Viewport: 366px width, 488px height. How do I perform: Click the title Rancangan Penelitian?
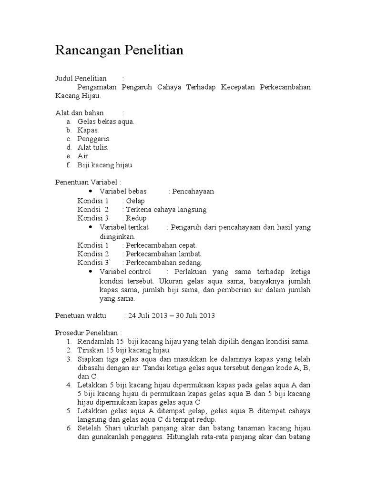coord(119,50)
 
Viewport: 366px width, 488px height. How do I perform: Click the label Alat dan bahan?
coord(80,113)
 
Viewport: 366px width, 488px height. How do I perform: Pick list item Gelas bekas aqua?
coord(106,122)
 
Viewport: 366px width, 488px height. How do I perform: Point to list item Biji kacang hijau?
coord(104,165)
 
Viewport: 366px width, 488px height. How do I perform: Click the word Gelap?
coord(135,201)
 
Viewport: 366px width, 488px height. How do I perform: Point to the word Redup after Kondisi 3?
coord(136,218)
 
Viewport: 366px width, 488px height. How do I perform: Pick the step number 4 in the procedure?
coord(69,385)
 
